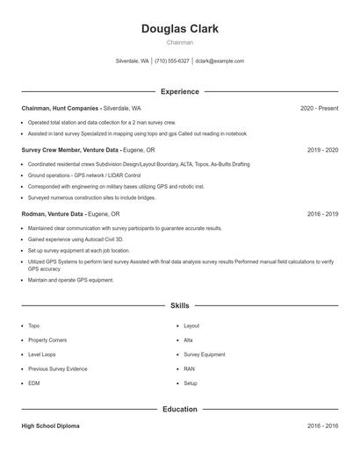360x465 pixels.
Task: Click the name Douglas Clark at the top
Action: [179, 28]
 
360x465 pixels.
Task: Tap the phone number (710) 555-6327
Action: [172, 61]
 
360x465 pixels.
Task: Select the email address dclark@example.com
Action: [220, 61]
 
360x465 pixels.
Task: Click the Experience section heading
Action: [179, 91]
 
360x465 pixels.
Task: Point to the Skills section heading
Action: [179, 305]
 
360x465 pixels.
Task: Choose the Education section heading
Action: [179, 409]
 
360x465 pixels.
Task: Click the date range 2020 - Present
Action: [319, 108]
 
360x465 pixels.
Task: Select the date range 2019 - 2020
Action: [322, 150]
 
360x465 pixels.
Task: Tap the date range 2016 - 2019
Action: [322, 213]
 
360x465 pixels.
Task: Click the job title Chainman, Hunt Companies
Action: [60, 108]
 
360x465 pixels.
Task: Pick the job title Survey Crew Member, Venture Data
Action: [70, 150]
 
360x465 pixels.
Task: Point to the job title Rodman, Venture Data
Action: [53, 213]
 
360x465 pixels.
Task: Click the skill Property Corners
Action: [48, 340]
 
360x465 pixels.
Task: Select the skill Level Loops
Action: [43, 354]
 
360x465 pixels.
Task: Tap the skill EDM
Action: [34, 383]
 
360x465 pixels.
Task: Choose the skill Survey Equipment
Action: [204, 354]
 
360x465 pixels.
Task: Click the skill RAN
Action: [189, 368]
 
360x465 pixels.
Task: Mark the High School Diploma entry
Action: [50, 426]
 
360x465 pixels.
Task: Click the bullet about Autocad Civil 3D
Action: [76, 239]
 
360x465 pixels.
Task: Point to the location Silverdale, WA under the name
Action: [133, 61]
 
